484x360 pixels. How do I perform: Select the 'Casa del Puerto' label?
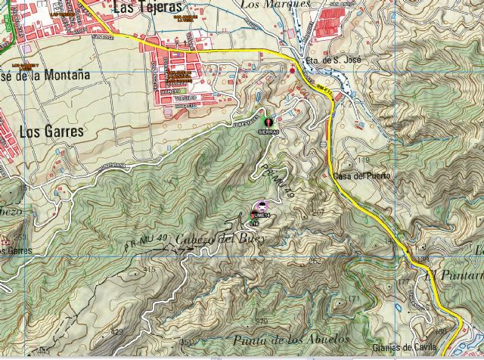click(361, 176)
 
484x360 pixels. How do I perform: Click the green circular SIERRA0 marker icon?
click(269, 119)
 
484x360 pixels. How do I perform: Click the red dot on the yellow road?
click(293, 70)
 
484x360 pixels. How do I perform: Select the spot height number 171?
click(350, 300)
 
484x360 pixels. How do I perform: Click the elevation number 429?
click(116, 332)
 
